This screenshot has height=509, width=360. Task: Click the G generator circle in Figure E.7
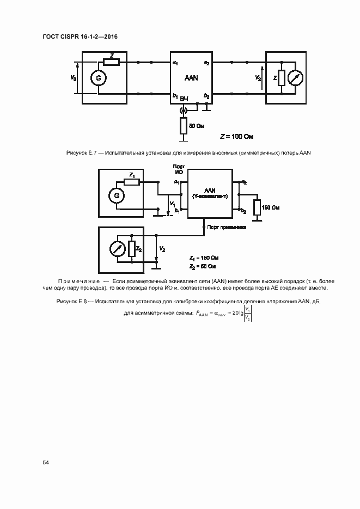pyautogui.click(x=99, y=78)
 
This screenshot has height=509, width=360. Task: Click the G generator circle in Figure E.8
pyautogui.click(x=115, y=195)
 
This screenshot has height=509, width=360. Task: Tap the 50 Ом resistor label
pyautogui.click(x=196, y=126)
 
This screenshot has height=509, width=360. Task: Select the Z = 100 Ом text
pyautogui.click(x=237, y=136)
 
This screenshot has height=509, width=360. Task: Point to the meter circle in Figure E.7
pyautogui.click(x=295, y=78)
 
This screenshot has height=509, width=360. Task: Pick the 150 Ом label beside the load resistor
pyautogui.click(x=271, y=207)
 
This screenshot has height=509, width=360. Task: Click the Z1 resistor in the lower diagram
pyautogui.click(x=131, y=182)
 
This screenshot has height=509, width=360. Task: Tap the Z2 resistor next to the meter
pyautogui.click(x=131, y=249)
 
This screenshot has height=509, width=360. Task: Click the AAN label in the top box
pyautogui.click(x=191, y=78)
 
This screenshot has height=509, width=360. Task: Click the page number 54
pyautogui.click(x=46, y=462)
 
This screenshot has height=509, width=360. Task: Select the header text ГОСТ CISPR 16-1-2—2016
pyautogui.click(x=80, y=36)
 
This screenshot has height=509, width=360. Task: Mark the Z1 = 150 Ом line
pyautogui.click(x=203, y=257)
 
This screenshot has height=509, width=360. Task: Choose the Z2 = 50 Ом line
pyautogui.click(x=203, y=266)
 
